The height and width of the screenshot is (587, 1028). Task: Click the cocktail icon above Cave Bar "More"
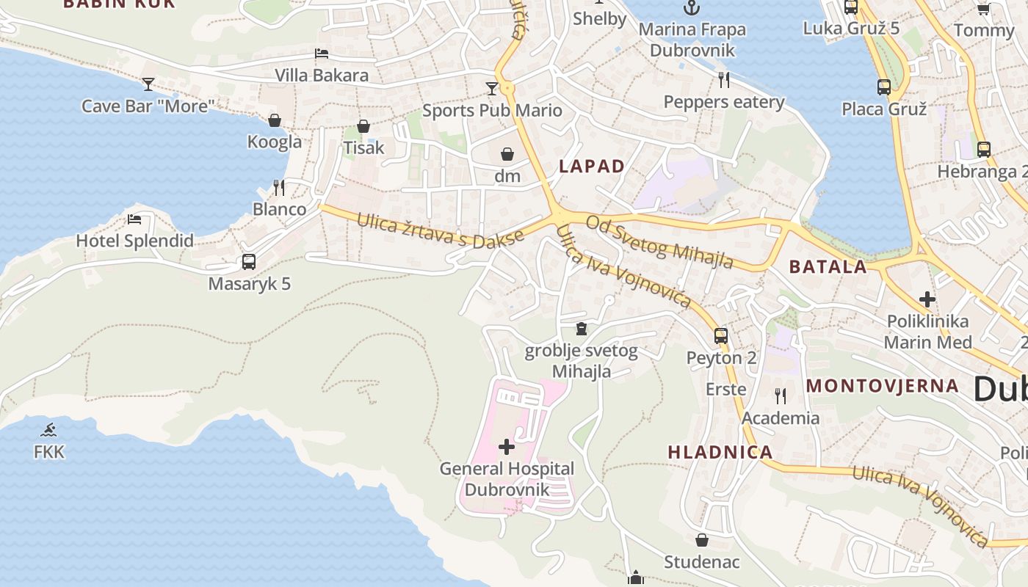(x=148, y=84)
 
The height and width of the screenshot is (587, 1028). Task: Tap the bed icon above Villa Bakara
(x=321, y=54)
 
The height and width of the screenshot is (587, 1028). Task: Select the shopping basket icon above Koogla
(x=275, y=120)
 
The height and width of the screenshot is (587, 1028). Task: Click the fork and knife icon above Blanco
(x=279, y=188)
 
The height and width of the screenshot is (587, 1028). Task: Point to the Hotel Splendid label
(x=135, y=241)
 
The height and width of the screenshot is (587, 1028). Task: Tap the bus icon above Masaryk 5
(x=249, y=262)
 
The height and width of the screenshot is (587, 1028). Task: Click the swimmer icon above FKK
(x=49, y=430)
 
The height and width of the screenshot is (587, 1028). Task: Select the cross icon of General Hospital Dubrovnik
(x=507, y=446)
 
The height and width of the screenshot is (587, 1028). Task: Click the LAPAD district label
(x=591, y=167)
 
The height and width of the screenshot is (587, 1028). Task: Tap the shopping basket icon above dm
(x=507, y=154)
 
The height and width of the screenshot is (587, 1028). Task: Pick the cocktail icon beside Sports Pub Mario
(x=492, y=89)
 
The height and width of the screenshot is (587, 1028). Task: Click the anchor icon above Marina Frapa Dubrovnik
(x=691, y=8)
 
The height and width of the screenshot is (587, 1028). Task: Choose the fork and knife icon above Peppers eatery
(x=724, y=79)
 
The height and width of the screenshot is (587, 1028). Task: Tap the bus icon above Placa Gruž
(x=884, y=87)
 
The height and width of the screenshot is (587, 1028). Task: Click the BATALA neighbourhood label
(x=828, y=267)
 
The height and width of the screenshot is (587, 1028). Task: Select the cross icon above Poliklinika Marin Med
(x=927, y=299)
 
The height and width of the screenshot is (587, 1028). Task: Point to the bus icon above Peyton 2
(x=721, y=336)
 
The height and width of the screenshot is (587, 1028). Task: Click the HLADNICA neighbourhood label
(x=720, y=452)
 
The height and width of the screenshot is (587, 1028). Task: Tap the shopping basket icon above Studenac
(x=702, y=540)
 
